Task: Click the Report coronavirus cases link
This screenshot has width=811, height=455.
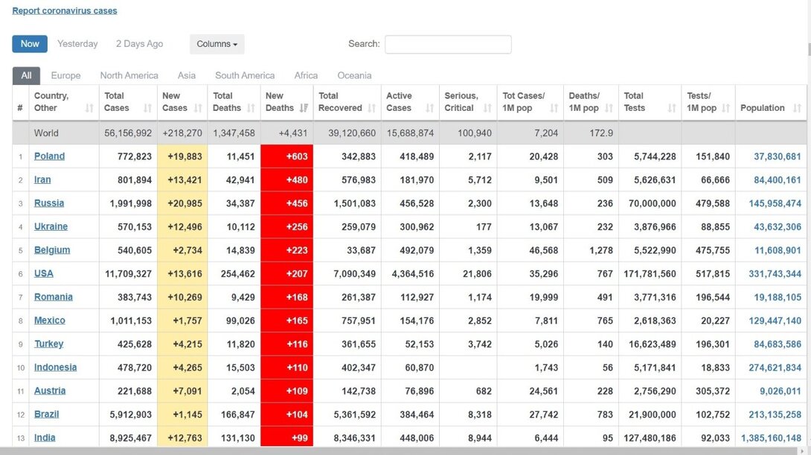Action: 65,10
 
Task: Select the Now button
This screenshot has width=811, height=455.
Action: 30,44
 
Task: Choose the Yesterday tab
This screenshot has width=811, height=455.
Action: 77,44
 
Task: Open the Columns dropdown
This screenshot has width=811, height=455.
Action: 217,44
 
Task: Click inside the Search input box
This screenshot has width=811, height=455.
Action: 448,45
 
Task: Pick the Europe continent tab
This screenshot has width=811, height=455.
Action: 65,75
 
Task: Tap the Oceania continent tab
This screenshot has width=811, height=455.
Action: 354,75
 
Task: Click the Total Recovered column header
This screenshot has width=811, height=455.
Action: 340,102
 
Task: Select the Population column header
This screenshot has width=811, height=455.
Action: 762,108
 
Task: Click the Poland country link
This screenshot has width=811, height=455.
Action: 49,156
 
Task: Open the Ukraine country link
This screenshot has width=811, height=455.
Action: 51,226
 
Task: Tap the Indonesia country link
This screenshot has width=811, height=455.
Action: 55,367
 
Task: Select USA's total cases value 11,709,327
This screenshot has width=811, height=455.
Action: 129,273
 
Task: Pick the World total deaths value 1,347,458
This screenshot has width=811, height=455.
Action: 234,133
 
